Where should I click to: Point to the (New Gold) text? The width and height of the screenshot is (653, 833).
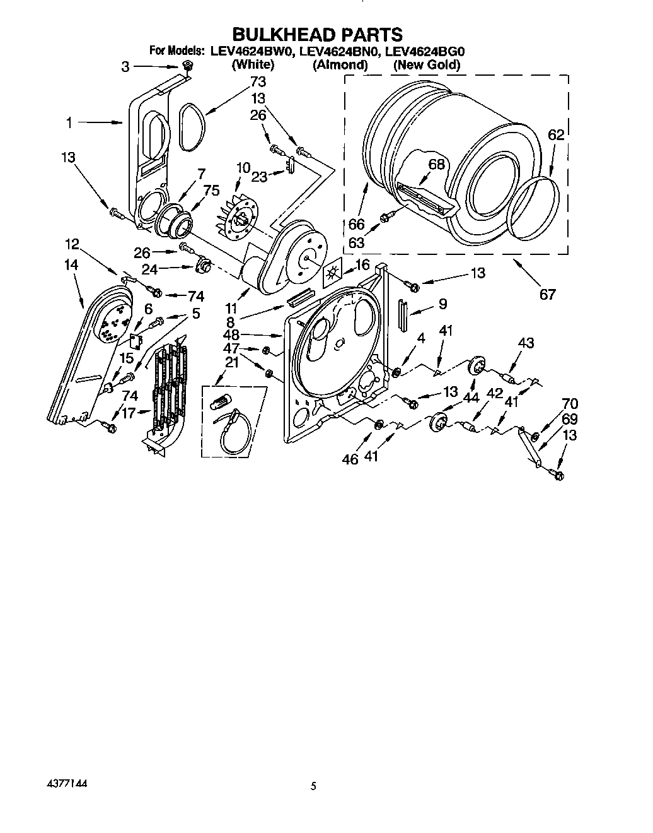426,64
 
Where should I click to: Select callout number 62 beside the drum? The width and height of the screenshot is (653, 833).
555,134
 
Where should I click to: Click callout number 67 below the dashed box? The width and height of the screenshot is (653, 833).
547,293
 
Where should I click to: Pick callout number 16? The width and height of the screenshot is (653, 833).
362,264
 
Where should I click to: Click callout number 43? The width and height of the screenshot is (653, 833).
526,343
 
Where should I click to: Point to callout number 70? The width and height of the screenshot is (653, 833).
569,403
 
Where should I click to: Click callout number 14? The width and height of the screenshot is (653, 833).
71,265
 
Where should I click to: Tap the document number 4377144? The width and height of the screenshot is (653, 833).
67,783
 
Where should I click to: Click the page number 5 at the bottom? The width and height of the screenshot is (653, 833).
313,786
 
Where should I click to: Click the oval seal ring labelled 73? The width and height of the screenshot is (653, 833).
190,126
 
